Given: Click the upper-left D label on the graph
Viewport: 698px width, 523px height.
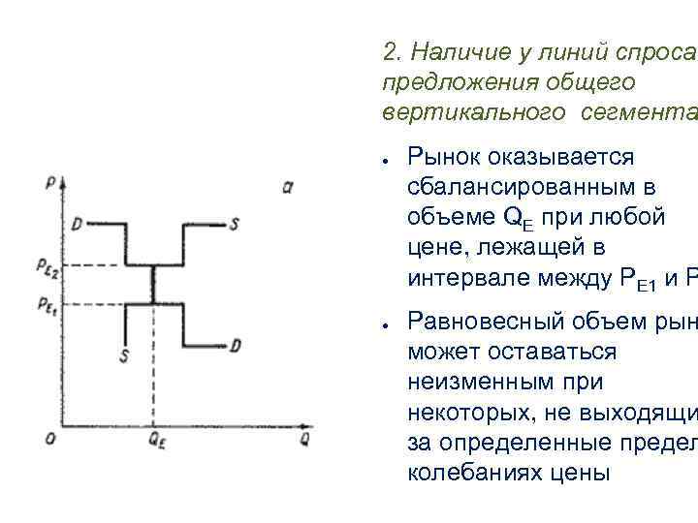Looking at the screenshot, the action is click(x=77, y=225).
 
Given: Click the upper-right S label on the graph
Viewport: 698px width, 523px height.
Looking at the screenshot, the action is click(x=235, y=224).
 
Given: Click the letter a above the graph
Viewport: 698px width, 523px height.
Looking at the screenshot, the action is click(x=288, y=186).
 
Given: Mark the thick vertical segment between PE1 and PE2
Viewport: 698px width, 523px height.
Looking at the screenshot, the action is click(x=153, y=285).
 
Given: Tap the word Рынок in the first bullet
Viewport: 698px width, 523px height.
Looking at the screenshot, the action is click(x=448, y=157).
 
